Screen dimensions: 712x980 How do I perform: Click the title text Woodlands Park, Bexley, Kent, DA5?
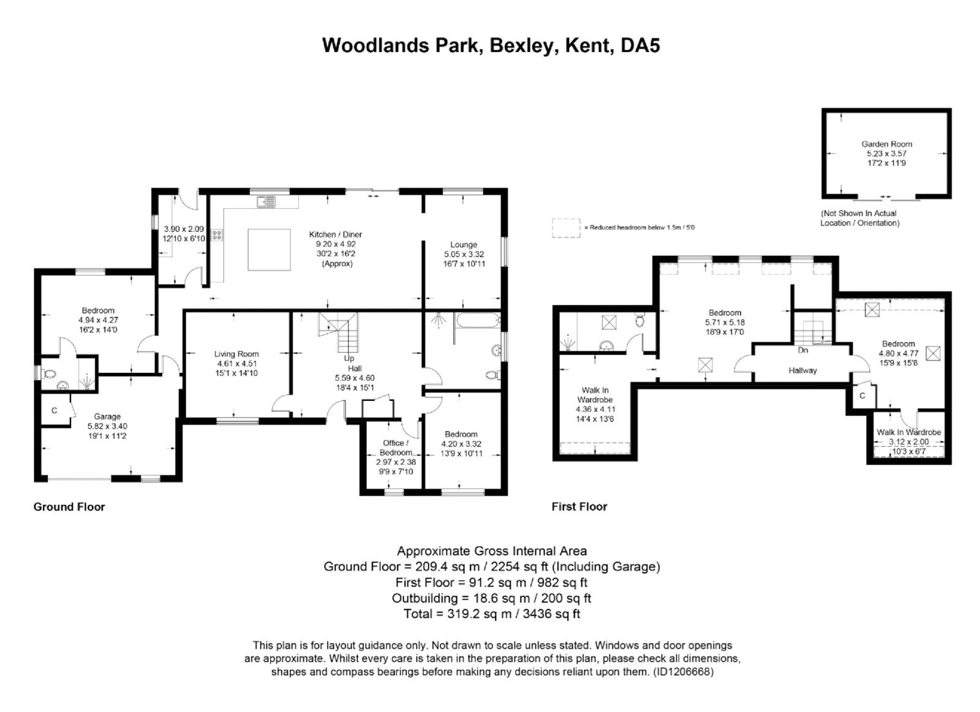(491, 46)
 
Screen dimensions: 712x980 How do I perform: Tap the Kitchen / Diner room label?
(335, 234)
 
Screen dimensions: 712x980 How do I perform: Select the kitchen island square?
(269, 249)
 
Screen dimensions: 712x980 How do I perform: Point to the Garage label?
(107, 416)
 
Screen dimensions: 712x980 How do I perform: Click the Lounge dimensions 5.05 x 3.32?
(464, 254)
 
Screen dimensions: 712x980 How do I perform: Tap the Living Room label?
(236, 354)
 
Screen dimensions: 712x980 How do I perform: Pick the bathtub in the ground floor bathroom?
(476, 320)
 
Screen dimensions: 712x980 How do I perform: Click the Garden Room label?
(886, 144)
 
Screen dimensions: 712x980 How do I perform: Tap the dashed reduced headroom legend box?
(566, 228)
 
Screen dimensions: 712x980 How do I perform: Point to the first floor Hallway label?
(802, 370)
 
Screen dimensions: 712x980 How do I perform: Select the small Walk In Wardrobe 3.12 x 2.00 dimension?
(908, 442)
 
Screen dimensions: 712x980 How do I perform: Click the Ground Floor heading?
(69, 507)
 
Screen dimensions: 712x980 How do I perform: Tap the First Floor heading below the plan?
(579, 507)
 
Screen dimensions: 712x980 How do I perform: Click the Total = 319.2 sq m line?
(491, 613)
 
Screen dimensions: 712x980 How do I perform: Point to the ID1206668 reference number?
(684, 672)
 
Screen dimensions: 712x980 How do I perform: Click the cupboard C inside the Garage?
(55, 410)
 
